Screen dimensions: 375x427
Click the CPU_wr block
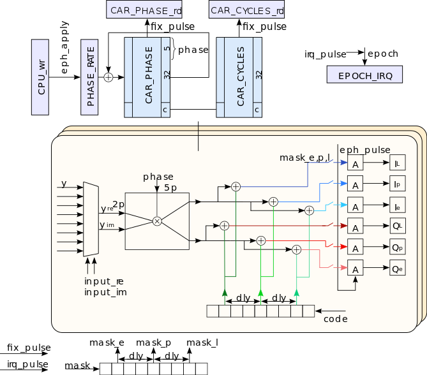[40, 77]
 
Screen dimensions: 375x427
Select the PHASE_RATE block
[89, 77]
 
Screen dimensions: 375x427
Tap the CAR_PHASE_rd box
[143, 10]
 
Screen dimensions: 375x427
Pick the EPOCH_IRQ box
[364, 74]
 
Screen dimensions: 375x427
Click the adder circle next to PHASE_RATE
[108, 77]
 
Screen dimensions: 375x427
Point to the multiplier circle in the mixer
[157, 221]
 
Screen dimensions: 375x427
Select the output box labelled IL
[397, 164]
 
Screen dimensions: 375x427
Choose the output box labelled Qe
[397, 268]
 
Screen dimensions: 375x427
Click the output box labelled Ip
[397, 184]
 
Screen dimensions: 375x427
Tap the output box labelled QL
[397, 226]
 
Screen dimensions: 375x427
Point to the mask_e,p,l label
[304, 158]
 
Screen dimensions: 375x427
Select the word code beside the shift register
[336, 318]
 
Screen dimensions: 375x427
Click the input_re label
[103, 281]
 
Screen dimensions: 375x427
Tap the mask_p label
[153, 342]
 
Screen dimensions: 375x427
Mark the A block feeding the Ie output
[355, 205]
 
